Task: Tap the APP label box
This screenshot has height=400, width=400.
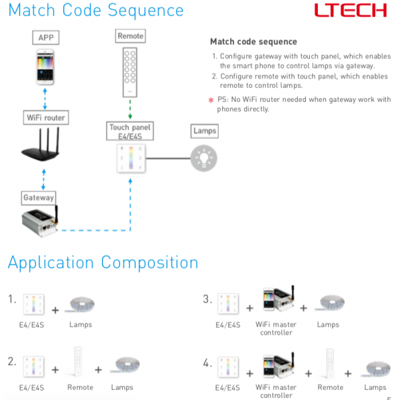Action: click(45, 37)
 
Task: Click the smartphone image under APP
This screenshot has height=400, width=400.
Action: click(45, 68)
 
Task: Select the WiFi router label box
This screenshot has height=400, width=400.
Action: click(45, 118)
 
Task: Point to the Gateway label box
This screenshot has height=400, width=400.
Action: click(38, 198)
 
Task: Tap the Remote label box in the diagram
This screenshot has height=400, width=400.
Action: click(130, 36)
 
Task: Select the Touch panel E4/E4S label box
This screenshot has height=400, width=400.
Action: click(130, 131)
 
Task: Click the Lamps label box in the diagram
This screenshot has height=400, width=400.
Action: click(204, 131)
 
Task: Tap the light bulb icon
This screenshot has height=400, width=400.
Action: click(204, 158)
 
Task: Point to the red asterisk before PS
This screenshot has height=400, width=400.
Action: click(211, 101)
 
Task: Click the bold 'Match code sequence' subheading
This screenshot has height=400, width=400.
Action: click(253, 41)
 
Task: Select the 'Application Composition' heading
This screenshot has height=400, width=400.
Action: click(103, 262)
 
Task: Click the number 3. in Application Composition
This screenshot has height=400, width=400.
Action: click(207, 299)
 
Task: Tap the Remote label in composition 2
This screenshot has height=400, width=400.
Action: click(80, 387)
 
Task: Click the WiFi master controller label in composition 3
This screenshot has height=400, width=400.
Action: click(276, 328)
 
